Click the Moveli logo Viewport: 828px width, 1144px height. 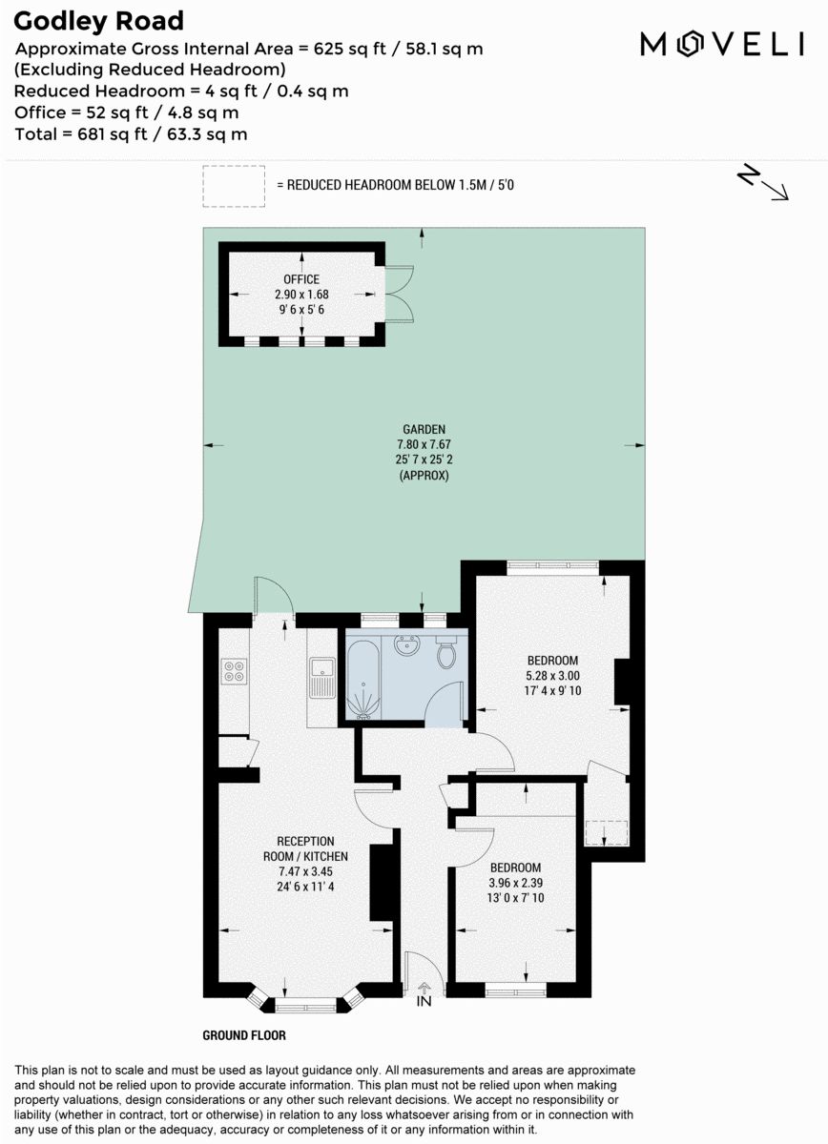(722, 44)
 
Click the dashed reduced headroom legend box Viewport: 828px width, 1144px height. (234, 186)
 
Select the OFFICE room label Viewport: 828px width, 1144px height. (301, 279)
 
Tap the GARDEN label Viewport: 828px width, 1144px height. (422, 429)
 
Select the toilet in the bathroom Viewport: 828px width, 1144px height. (445, 654)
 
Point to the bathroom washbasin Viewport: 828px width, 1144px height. (407, 645)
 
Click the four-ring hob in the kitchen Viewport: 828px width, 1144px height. (234, 670)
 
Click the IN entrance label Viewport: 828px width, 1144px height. (424, 1001)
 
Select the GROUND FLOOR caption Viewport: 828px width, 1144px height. (244, 1035)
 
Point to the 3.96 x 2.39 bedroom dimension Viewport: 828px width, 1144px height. (515, 883)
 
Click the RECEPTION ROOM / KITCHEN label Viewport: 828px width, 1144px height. (305, 848)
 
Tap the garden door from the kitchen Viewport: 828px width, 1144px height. (274, 599)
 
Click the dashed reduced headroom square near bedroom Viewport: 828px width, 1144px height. (607, 831)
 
